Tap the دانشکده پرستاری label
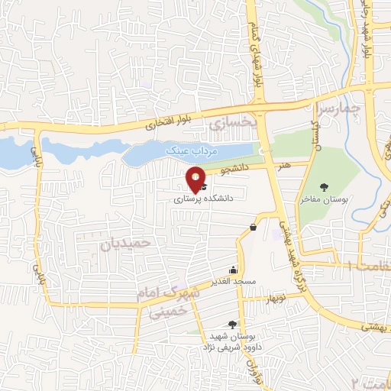[199, 197]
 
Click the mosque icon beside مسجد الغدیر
[233, 270]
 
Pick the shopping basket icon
[253, 227]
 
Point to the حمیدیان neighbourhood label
[131, 243]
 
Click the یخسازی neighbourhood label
[229, 121]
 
